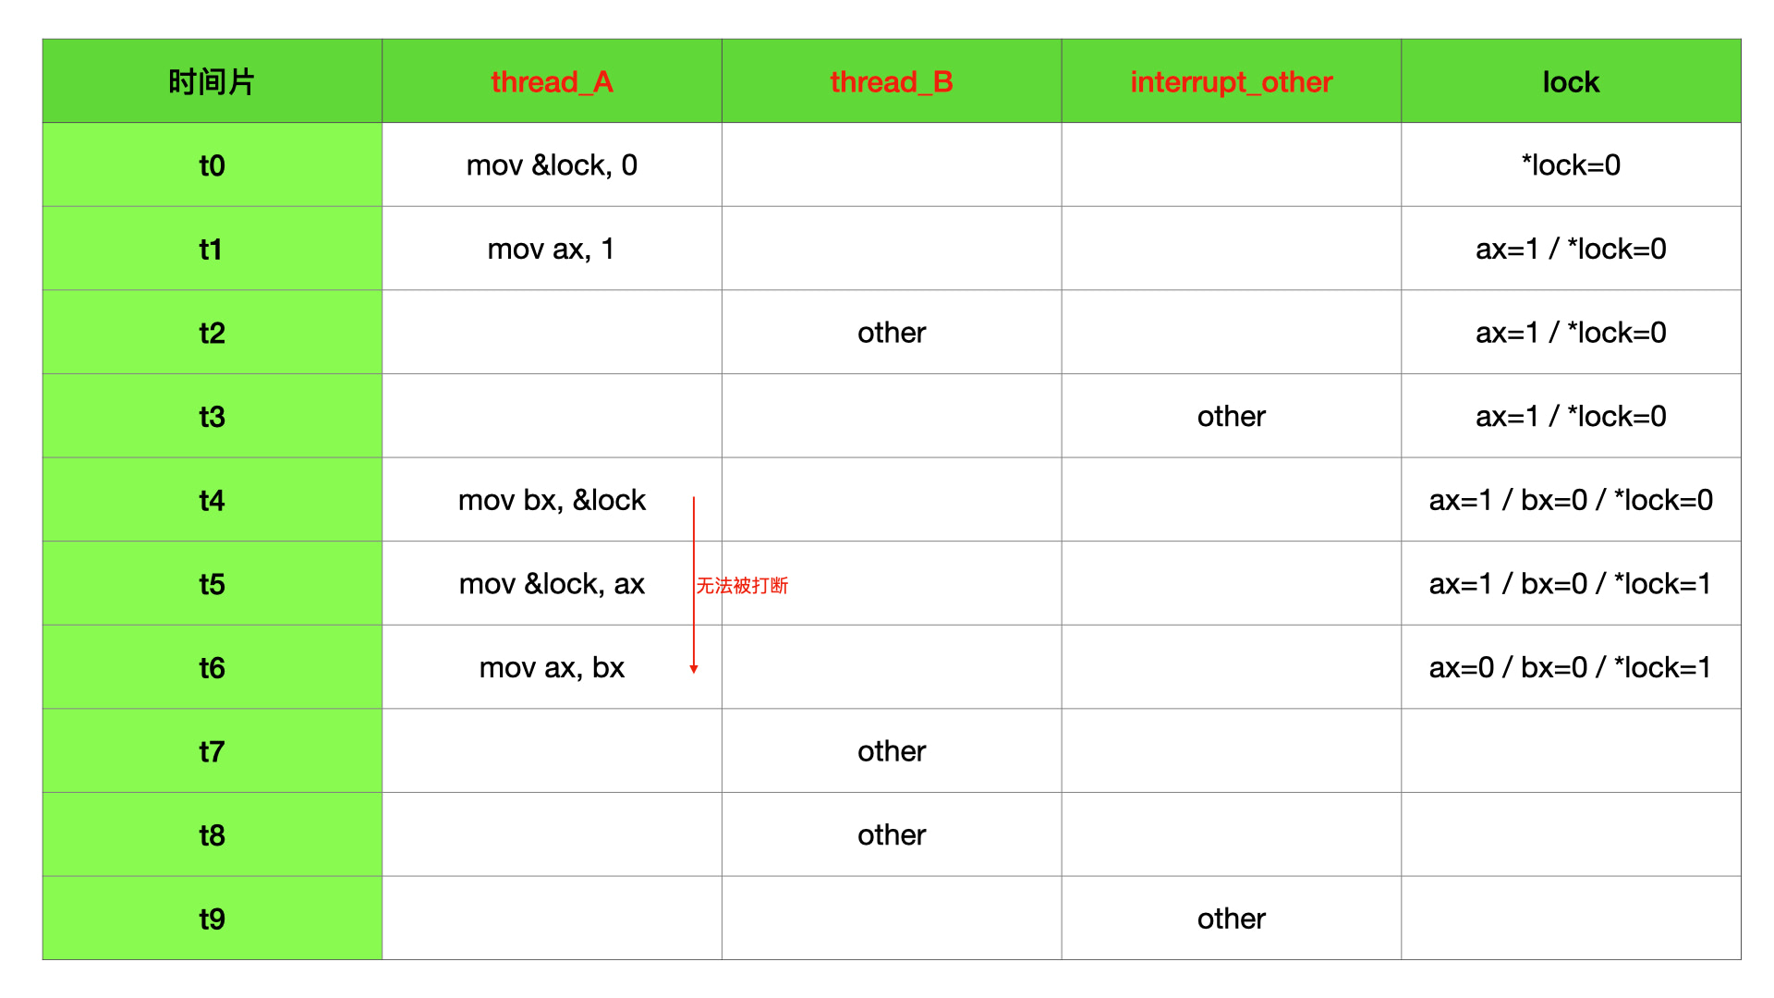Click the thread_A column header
point(552,82)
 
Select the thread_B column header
point(891,82)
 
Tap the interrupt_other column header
point(1231,82)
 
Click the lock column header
point(1570,82)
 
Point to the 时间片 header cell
point(212,82)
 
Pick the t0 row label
point(212,165)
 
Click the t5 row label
point(212,584)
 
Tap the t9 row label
point(212,919)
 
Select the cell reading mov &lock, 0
point(552,165)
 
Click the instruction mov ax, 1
point(552,249)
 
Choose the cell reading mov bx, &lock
point(552,500)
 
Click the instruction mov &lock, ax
point(552,584)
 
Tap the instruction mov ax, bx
point(552,667)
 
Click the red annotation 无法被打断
point(742,586)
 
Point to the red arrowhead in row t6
point(694,668)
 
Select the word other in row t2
point(891,333)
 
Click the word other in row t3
point(1231,417)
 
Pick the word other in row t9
point(1231,919)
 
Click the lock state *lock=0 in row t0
point(1570,165)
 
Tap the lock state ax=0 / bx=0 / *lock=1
point(1570,667)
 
